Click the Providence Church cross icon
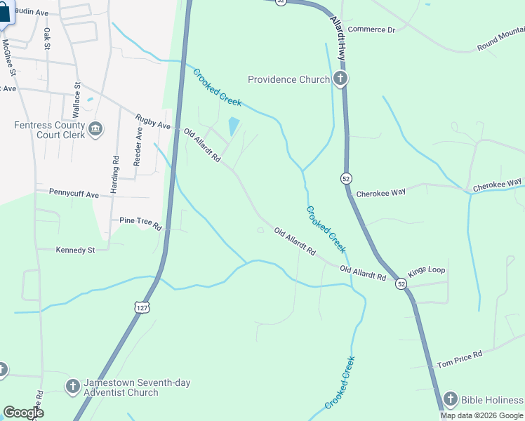[340, 79]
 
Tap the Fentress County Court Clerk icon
[96, 129]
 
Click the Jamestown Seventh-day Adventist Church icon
[72, 387]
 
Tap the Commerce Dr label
[372, 29]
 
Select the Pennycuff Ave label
[74, 192]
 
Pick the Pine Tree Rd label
[140, 223]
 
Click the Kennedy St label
[75, 250]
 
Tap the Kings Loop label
[427, 270]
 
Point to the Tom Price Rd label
[459, 360]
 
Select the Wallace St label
[76, 98]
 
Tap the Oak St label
[48, 39]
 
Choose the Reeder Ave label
[139, 142]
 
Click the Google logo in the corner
[23, 413]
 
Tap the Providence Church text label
[289, 79]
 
